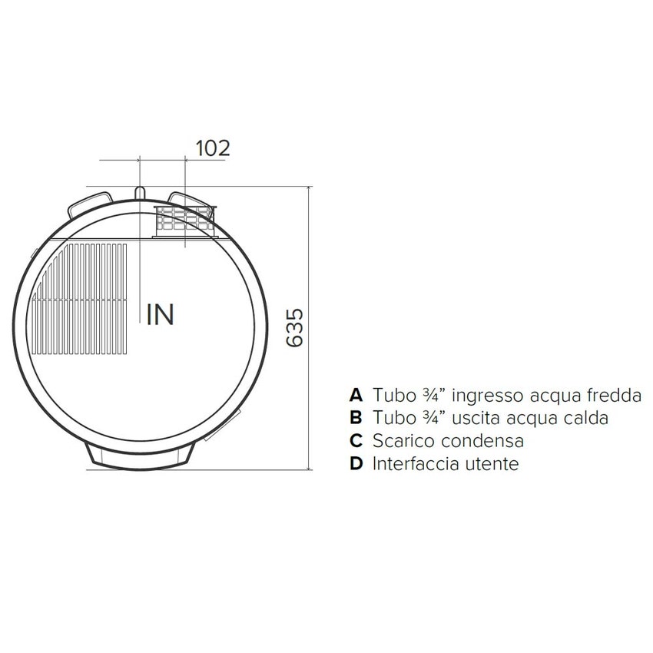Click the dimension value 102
tap(213, 148)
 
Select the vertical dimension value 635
tap(296, 328)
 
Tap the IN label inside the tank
tap(161, 314)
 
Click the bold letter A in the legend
tap(355, 396)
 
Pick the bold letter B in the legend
tap(355, 419)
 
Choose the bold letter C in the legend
tap(355, 441)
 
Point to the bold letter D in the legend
tap(355, 464)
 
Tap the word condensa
tap(484, 441)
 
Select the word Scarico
tap(403, 441)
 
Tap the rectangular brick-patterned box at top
tap(185, 222)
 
